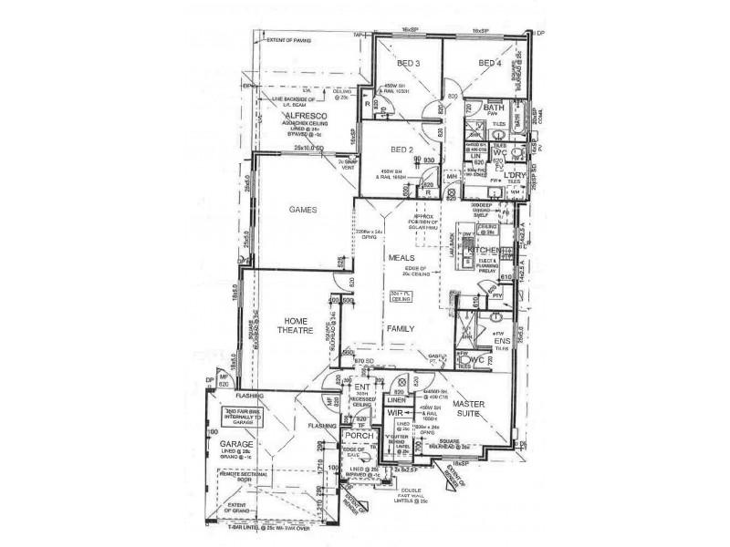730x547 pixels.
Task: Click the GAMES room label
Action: tap(302, 210)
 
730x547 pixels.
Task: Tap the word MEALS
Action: tap(401, 259)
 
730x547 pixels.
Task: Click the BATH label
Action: tap(494, 108)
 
